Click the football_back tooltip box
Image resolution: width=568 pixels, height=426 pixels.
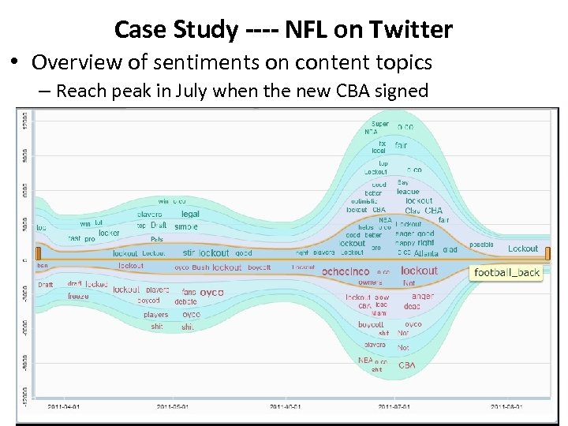(506, 273)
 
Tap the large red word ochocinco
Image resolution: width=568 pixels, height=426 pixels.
(346, 271)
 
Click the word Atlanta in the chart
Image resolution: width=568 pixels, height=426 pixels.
(426, 253)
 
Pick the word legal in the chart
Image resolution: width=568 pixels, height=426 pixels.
(190, 214)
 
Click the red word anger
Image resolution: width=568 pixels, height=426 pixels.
(423, 297)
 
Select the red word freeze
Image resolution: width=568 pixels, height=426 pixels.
(78, 297)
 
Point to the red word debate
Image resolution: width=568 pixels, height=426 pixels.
(185, 301)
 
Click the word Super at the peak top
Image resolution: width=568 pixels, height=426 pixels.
(380, 124)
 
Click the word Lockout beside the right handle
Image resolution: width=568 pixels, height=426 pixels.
(522, 248)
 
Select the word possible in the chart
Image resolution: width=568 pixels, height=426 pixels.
(481, 245)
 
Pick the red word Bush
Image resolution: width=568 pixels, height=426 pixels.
(201, 267)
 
